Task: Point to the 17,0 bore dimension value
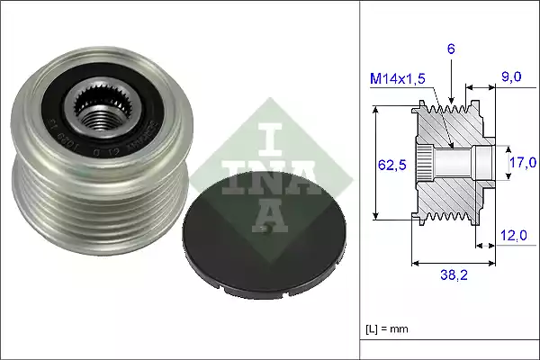[x=523, y=163]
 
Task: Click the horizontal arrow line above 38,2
[x=452, y=264]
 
